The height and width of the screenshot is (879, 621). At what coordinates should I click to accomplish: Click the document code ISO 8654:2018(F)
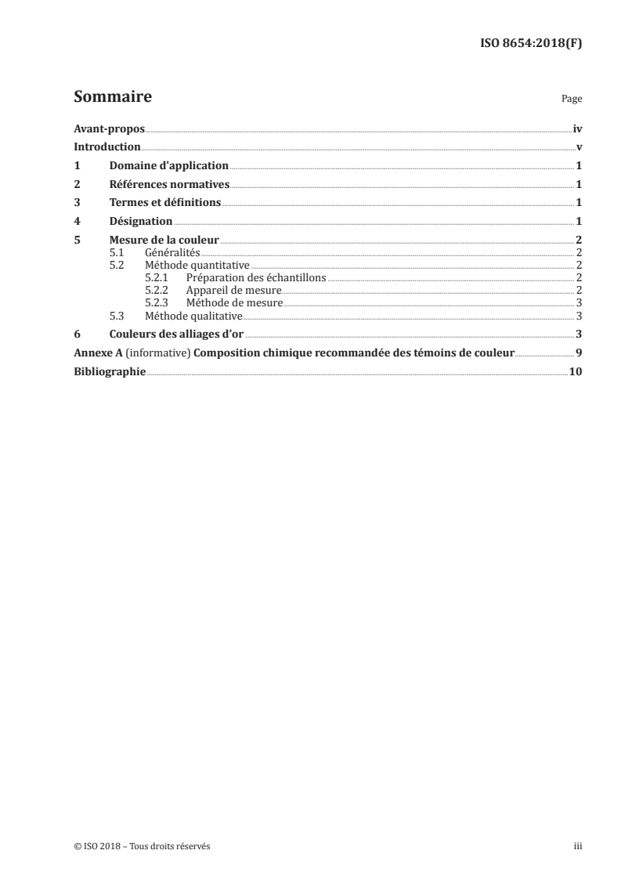(x=530, y=44)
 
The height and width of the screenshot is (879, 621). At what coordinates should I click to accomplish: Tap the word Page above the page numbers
(x=572, y=99)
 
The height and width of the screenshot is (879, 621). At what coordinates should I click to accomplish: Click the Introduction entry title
(x=107, y=147)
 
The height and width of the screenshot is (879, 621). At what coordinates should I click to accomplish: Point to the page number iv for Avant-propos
(x=577, y=128)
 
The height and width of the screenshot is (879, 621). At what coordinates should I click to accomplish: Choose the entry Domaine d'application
(x=168, y=166)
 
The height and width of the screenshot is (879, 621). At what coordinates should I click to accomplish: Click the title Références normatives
(x=169, y=185)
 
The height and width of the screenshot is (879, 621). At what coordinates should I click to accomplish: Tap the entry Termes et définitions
(x=165, y=203)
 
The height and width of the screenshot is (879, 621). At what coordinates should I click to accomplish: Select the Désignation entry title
(x=141, y=222)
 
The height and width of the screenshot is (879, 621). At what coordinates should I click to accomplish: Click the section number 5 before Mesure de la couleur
(x=77, y=241)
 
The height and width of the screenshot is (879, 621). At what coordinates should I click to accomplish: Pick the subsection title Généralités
(x=173, y=253)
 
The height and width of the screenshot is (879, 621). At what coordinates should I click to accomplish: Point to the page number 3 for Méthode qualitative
(x=579, y=316)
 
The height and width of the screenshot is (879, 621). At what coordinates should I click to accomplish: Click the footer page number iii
(x=577, y=846)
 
